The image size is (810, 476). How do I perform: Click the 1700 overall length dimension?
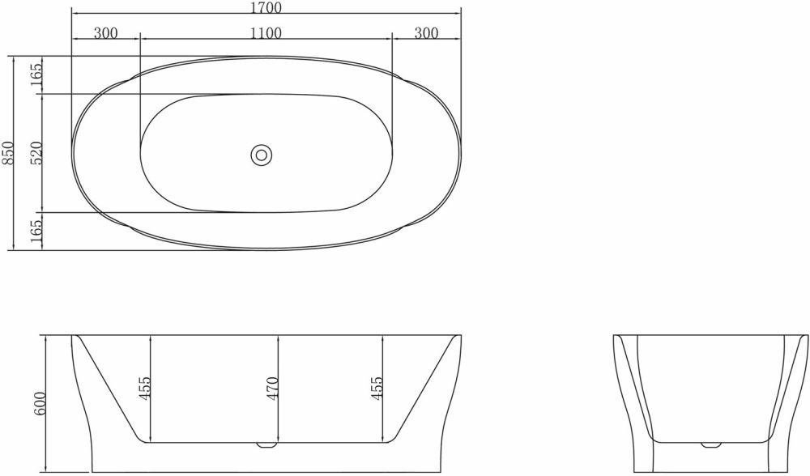point(266,8)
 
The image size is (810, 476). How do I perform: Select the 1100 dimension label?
point(266,33)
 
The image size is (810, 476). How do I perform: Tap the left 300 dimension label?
point(106,33)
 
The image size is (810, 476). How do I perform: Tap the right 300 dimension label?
point(426,33)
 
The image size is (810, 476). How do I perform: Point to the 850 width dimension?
point(9,153)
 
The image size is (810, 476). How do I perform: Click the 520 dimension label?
point(36,153)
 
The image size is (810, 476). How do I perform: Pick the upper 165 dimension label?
point(36,75)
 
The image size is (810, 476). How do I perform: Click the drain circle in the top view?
point(262,155)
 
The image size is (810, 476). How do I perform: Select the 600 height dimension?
point(40,404)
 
